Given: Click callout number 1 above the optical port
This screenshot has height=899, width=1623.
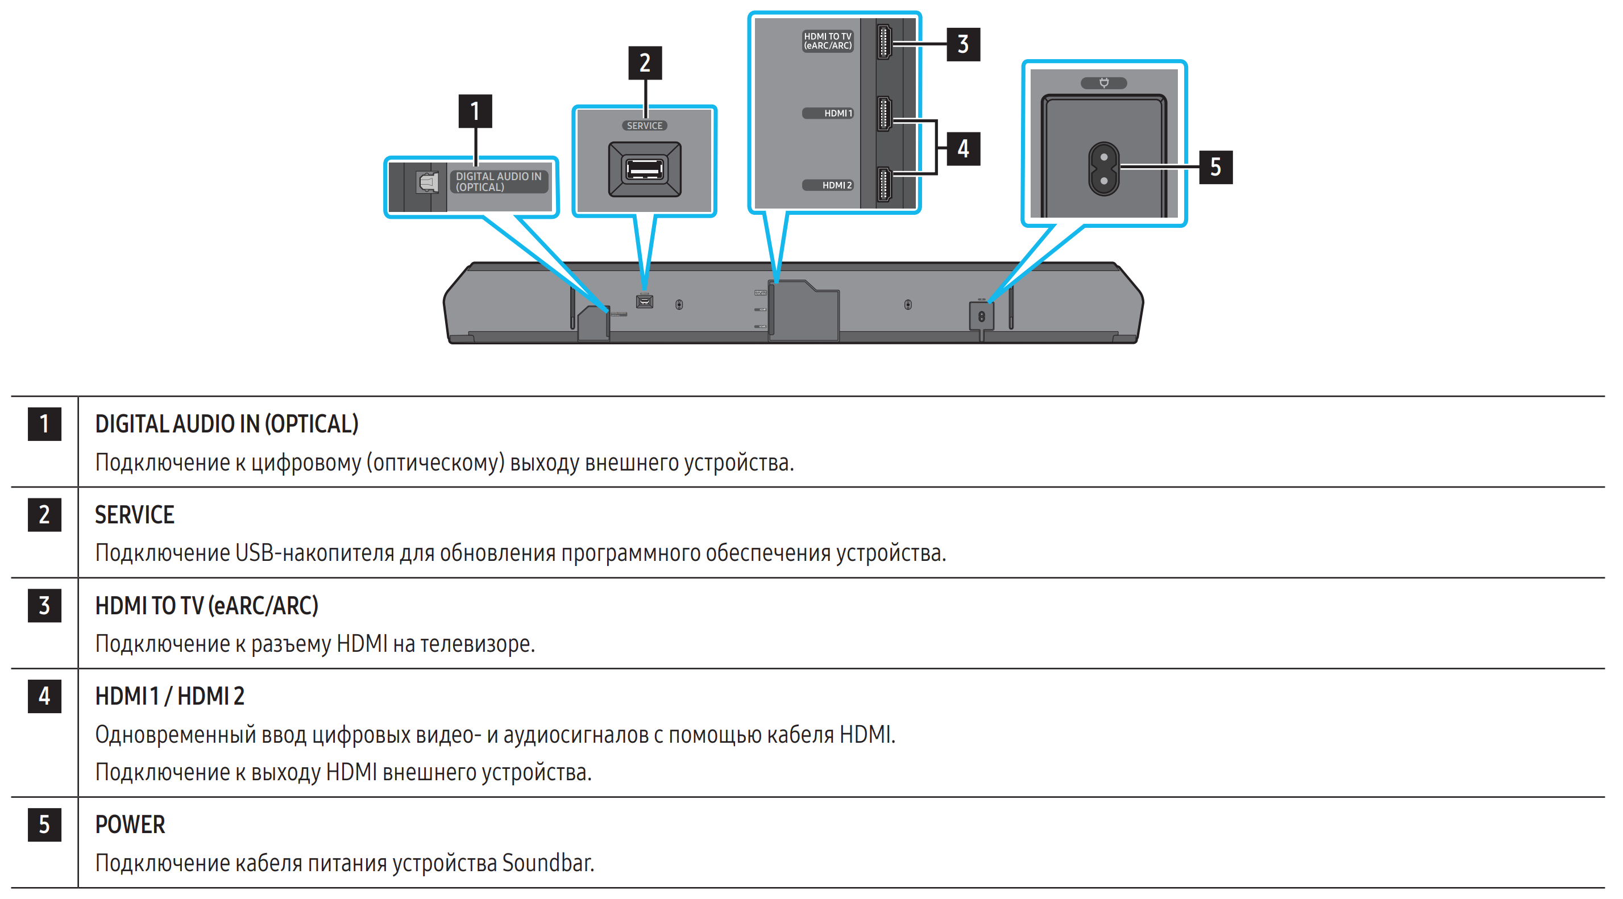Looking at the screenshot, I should click(x=475, y=111).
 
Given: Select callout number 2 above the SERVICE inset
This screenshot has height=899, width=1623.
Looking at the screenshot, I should click(x=645, y=63).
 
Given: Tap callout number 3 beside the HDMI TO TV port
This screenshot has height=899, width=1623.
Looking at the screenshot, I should click(x=962, y=44).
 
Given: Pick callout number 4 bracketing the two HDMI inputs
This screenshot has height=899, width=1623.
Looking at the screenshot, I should click(x=962, y=149).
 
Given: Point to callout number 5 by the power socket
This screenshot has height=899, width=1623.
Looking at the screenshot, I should click(x=1215, y=167).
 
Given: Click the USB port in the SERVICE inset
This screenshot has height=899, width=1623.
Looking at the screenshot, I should click(x=644, y=169).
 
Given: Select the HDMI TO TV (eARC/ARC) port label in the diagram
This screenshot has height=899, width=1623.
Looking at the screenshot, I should click(x=827, y=41).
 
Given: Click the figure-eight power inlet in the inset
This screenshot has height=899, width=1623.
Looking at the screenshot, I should click(x=1103, y=169).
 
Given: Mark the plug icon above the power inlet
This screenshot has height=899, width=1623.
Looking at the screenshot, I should click(x=1103, y=83).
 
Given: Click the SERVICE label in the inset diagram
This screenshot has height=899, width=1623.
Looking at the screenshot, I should click(x=644, y=126).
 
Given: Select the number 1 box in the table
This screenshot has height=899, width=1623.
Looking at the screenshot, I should click(x=44, y=424).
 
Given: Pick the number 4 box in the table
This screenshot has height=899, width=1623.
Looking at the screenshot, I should click(x=44, y=696).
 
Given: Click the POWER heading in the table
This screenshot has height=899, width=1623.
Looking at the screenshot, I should click(x=130, y=825).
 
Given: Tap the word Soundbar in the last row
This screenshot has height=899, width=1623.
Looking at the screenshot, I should click(x=547, y=863).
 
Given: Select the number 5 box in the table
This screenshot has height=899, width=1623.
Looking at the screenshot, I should click(x=44, y=825).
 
